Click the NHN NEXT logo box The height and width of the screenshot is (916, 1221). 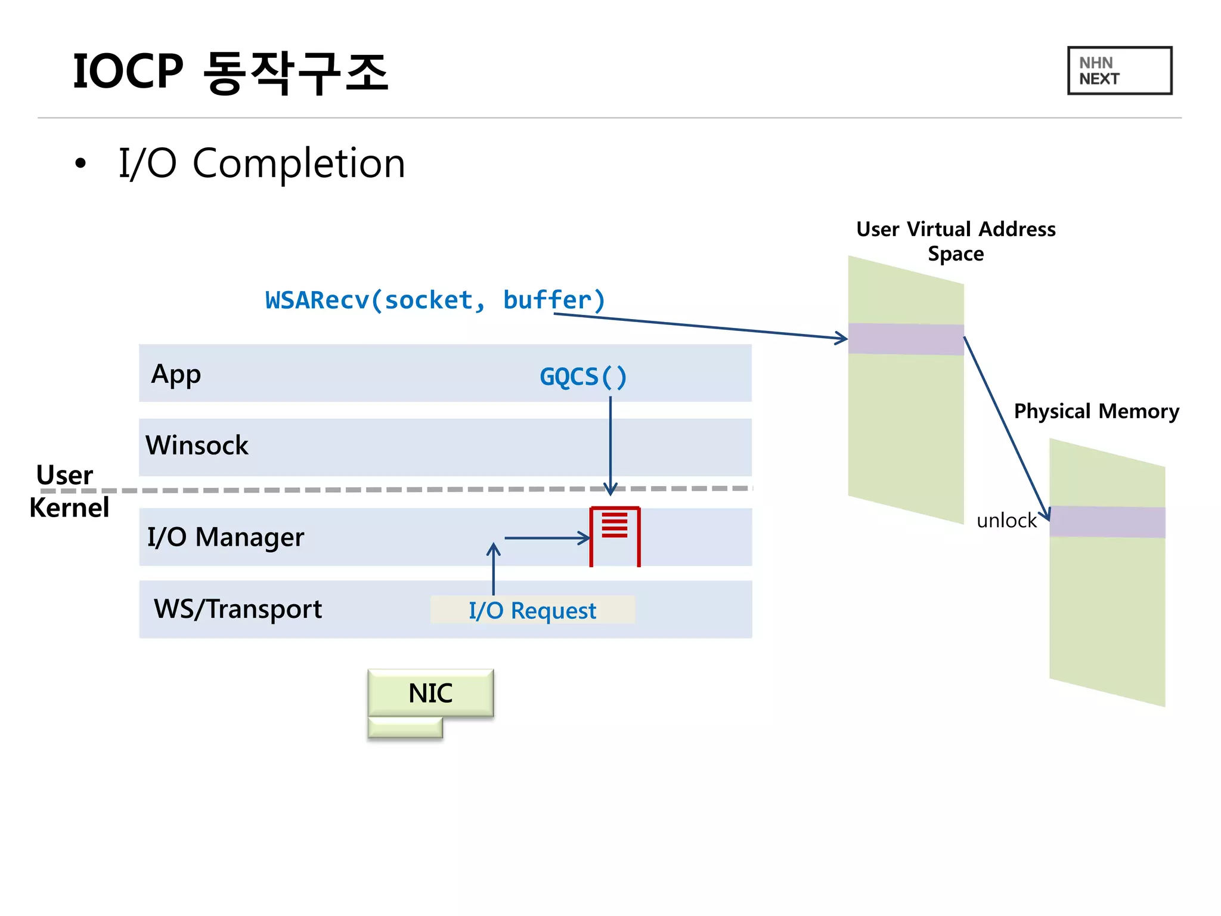point(1119,70)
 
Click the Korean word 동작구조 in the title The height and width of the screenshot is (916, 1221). point(296,72)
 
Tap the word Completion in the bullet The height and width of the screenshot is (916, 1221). point(299,163)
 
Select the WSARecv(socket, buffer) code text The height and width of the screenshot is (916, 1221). point(435,300)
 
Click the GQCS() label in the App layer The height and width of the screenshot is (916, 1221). point(583,376)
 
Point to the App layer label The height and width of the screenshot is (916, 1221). point(176,375)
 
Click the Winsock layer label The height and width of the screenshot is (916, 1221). point(197,445)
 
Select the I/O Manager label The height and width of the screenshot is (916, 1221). point(225,537)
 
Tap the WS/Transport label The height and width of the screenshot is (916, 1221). point(237,609)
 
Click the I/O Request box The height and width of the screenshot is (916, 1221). point(532,610)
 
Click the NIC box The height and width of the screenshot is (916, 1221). point(430,693)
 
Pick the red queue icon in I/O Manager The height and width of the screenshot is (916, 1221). point(615,535)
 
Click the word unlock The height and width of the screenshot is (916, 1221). point(1006,521)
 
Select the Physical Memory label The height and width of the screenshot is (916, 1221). point(1096,411)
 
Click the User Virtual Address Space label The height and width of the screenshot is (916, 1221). point(956,241)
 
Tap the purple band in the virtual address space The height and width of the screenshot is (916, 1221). point(906,339)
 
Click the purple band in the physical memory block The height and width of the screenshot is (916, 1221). point(1107,522)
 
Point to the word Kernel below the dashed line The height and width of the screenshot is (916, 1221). point(69,508)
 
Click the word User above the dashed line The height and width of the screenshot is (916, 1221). point(64,475)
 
